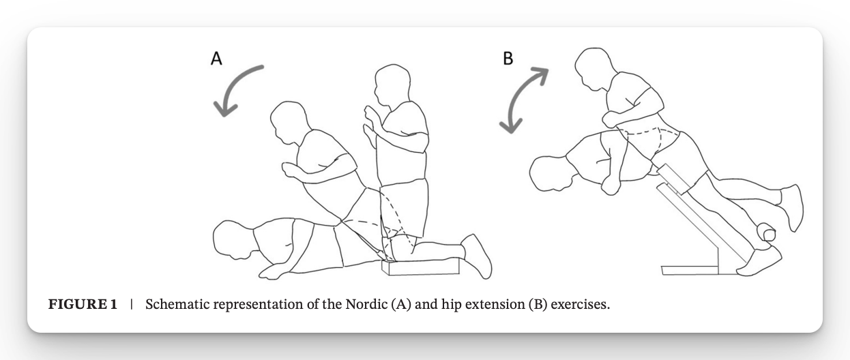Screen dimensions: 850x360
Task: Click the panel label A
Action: (x=216, y=59)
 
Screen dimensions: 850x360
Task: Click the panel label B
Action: (x=508, y=59)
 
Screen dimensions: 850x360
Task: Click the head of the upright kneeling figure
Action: (x=393, y=85)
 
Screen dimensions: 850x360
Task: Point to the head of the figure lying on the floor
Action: (x=233, y=240)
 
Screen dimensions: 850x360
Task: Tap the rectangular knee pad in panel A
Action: (x=420, y=267)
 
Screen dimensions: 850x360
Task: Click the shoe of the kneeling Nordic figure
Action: (x=476, y=256)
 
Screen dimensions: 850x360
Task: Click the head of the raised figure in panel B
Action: (x=594, y=69)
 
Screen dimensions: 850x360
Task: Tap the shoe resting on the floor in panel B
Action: (x=759, y=261)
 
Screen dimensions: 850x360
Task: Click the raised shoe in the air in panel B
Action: (x=792, y=207)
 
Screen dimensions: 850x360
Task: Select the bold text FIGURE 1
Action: (x=83, y=304)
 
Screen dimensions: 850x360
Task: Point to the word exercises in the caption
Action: (x=581, y=305)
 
